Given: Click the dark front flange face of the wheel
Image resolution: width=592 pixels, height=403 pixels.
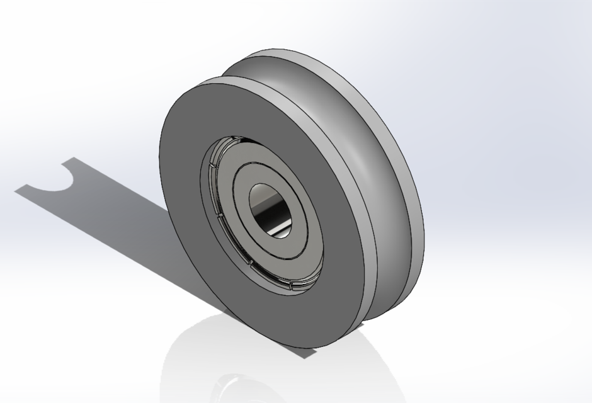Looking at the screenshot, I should pyautogui.click(x=189, y=189).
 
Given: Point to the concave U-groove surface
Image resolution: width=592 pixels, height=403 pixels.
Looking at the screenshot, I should pyautogui.click(x=353, y=126).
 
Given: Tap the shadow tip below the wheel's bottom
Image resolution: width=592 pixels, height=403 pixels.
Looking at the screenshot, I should pyautogui.click(x=309, y=353).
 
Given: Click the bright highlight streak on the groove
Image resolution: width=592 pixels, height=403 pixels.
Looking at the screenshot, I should pyautogui.click(x=365, y=157).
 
